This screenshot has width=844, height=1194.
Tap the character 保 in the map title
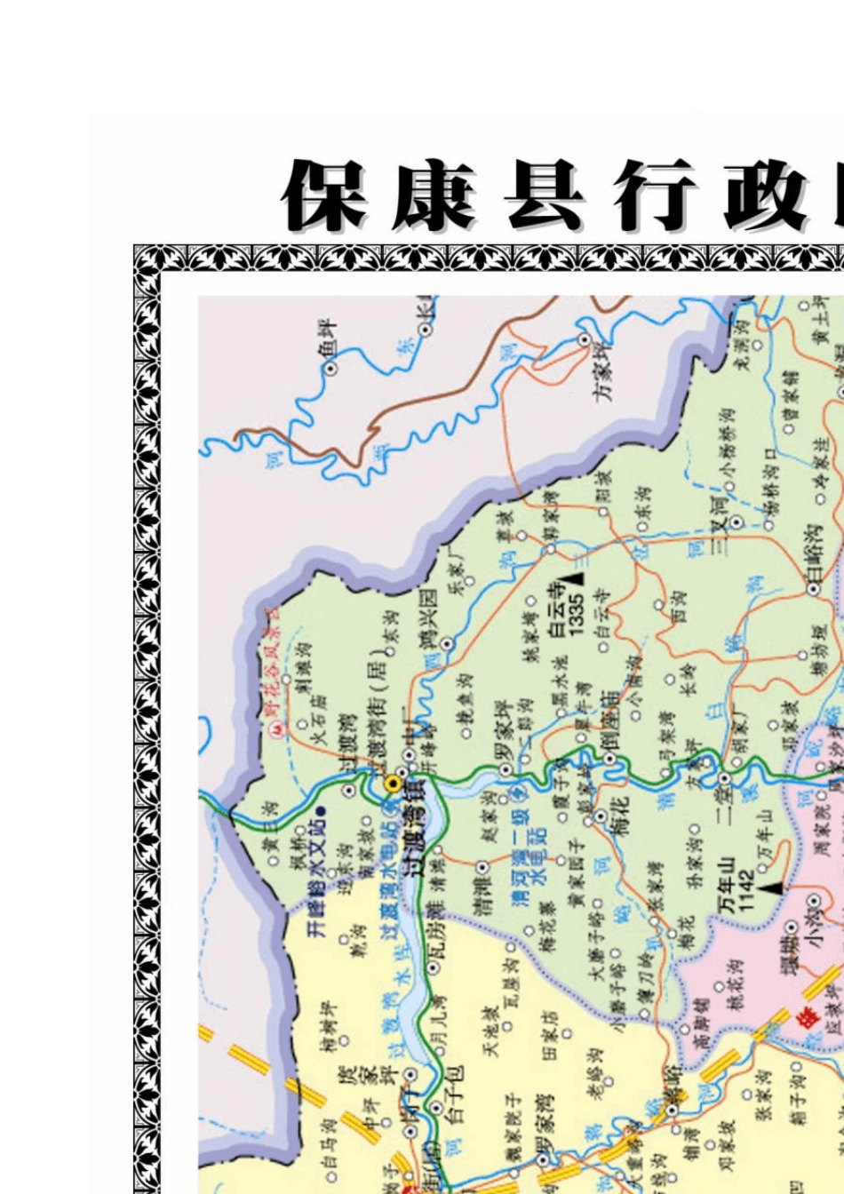(325, 196)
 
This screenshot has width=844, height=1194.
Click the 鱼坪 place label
(328, 335)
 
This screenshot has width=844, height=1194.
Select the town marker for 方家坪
(585, 338)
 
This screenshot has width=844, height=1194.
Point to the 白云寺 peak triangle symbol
(577, 578)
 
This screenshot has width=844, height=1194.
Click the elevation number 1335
(577, 614)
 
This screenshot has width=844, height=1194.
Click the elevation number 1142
(745, 888)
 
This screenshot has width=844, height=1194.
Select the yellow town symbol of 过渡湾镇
(393, 784)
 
